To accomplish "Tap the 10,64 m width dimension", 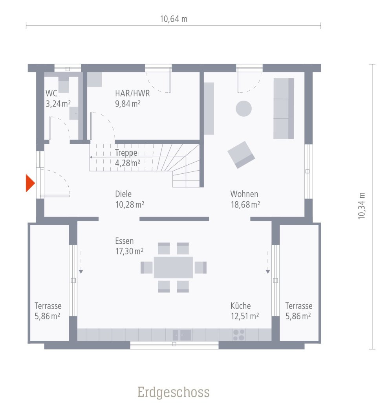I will (174, 19).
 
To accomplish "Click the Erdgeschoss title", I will (173, 392).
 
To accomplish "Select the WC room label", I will (51, 94).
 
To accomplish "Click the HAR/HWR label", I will (132, 94).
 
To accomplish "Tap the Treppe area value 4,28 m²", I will (128, 163).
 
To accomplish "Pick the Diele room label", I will (123, 194).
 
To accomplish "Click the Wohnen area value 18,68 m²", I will (245, 204).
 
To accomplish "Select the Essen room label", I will (124, 241).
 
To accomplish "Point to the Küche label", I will (240, 306).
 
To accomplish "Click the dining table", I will (173, 267).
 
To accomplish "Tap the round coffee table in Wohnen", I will (243, 109).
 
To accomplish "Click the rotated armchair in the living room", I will (241, 154).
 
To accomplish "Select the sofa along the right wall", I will (284, 108).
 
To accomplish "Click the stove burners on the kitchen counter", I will (238, 335).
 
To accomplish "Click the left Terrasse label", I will (48, 306).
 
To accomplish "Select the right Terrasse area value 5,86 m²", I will (298, 316).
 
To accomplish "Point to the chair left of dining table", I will (146, 267).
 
